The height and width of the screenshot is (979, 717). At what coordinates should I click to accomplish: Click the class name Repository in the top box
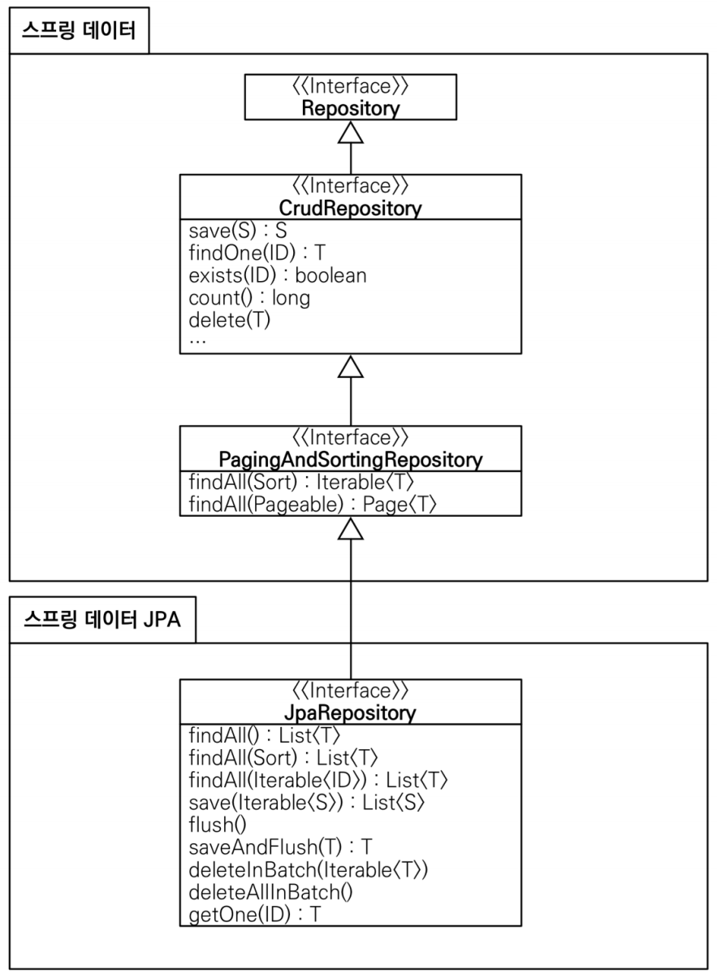(x=350, y=108)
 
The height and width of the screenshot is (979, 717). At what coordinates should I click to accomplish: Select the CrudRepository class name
(x=350, y=209)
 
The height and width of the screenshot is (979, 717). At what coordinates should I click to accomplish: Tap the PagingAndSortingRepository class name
(x=350, y=460)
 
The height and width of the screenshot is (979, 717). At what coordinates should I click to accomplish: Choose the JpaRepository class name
(x=350, y=713)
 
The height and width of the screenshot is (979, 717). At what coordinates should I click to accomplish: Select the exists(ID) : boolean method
(x=277, y=275)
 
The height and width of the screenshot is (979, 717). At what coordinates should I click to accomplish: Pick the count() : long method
(x=248, y=297)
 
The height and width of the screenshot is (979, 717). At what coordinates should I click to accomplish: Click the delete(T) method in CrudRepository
(x=229, y=318)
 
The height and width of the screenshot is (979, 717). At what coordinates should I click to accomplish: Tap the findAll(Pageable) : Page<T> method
(x=313, y=505)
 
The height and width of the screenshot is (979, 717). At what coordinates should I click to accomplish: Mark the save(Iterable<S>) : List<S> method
(x=307, y=802)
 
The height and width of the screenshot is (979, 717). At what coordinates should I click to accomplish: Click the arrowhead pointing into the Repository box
(x=350, y=133)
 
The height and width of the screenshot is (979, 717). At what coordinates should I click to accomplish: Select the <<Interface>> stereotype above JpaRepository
(x=350, y=691)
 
